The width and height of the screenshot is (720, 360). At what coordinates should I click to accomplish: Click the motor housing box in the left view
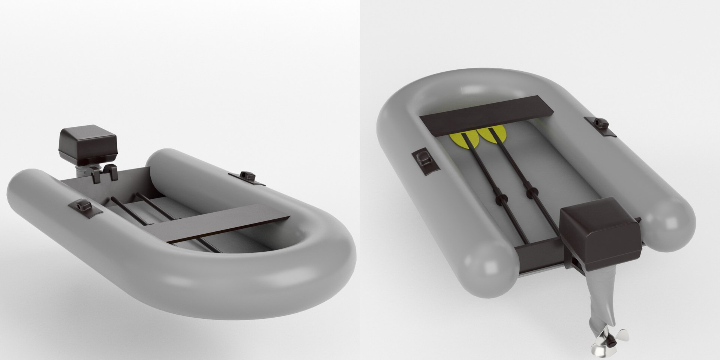click(88, 143)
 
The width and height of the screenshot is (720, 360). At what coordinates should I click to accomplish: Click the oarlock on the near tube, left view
click(81, 207)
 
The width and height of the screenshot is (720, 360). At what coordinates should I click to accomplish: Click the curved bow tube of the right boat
click(465, 79)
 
